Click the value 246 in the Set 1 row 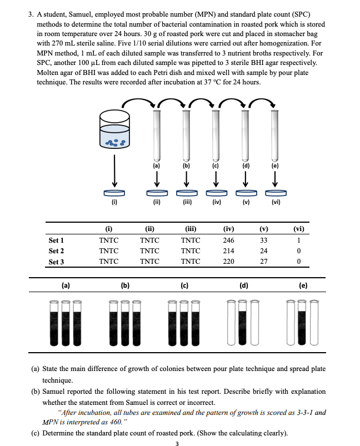click(228, 240)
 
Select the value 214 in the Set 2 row click(228, 251)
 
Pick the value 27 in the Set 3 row click(264, 262)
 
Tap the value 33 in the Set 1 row click(264, 240)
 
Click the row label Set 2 click(56, 251)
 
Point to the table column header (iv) click(228, 228)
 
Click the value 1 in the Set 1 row click(298, 240)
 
